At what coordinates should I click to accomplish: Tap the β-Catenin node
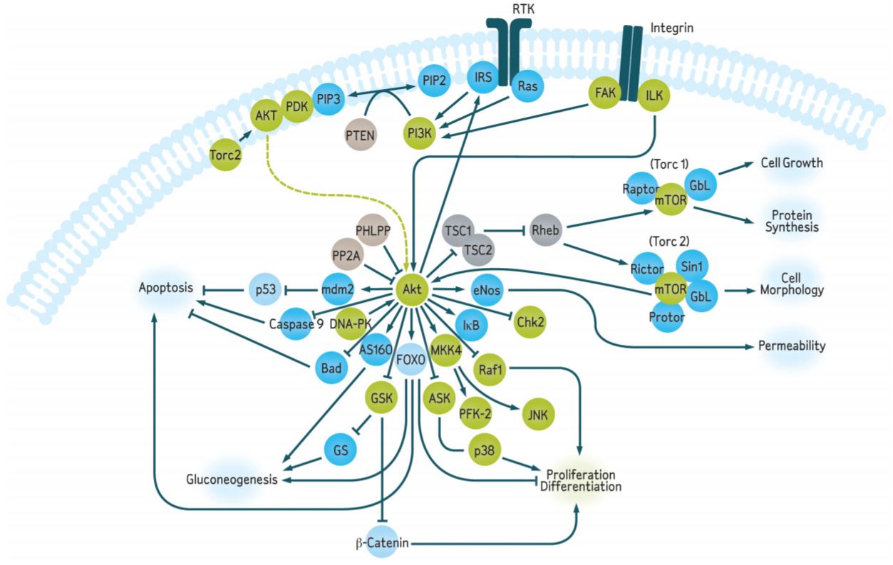(x=382, y=544)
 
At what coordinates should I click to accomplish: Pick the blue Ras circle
(x=529, y=85)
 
